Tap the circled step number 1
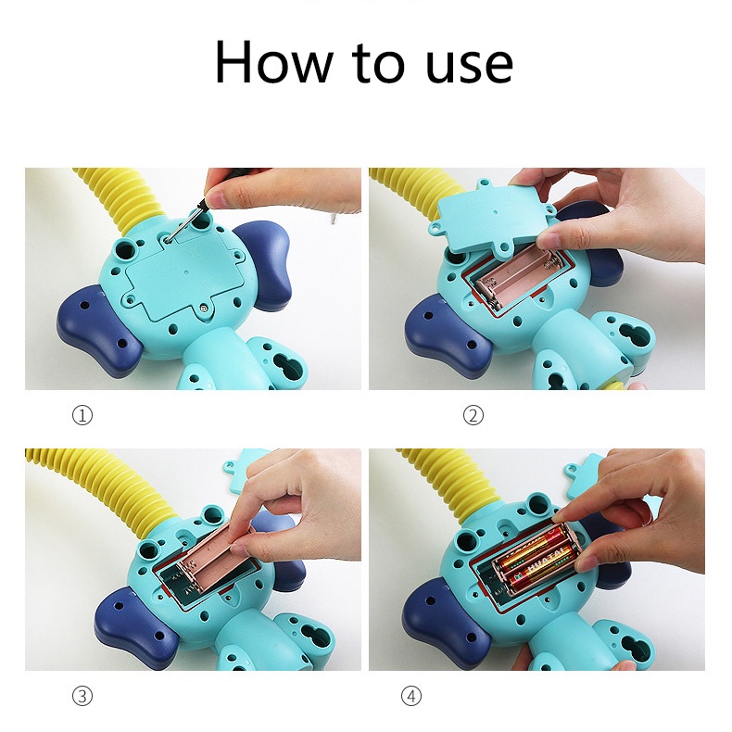82,415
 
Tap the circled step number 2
473,415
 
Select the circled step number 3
82,695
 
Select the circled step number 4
412,695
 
